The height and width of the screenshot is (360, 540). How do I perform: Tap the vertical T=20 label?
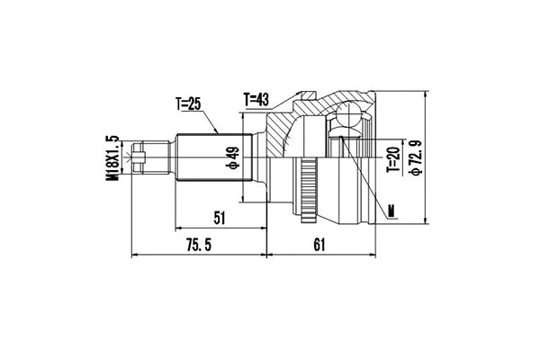391,159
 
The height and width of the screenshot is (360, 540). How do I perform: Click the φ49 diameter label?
231,159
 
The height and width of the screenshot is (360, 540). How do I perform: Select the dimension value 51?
220,216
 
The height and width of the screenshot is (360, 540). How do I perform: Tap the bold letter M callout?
391,211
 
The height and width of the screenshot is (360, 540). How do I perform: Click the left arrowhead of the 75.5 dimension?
136,256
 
